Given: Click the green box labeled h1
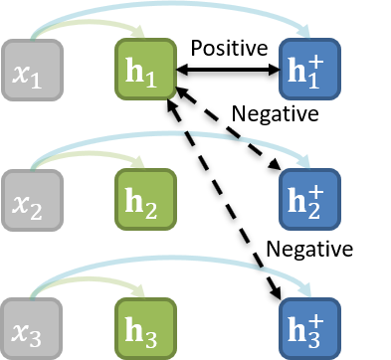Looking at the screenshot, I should (146, 71).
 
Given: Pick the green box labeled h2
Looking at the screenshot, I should (146, 200).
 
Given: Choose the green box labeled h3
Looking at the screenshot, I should (146, 327).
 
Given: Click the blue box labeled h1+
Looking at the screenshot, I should (309, 71).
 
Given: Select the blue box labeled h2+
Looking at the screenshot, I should (309, 200).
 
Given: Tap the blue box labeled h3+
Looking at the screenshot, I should (309, 327).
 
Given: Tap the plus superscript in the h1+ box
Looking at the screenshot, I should (316, 59).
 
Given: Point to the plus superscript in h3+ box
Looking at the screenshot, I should (316, 315).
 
